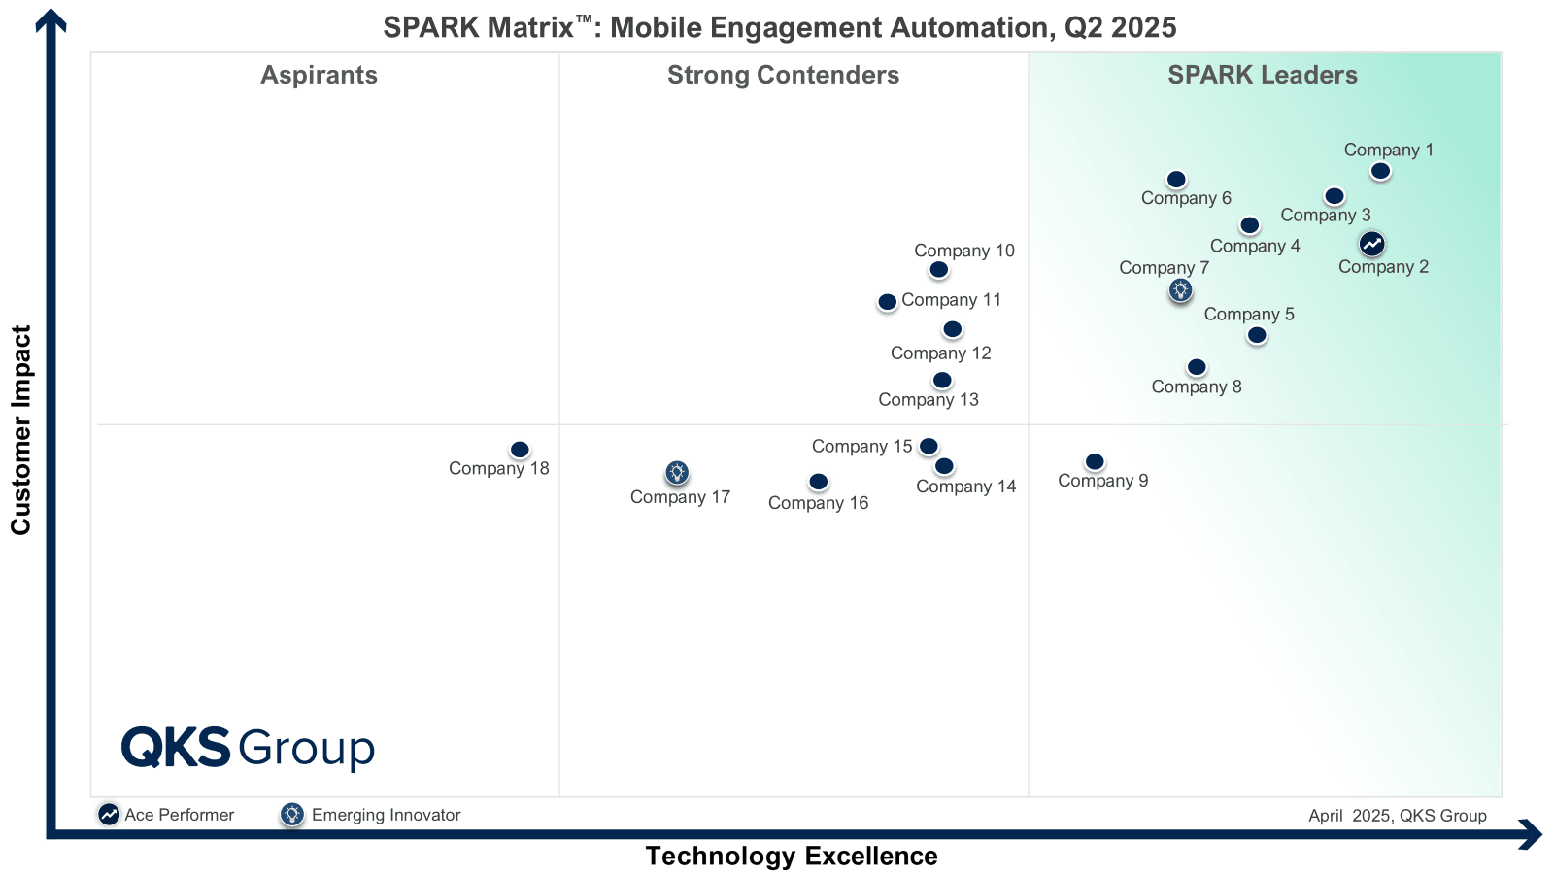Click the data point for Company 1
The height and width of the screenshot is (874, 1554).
pyautogui.click(x=1380, y=172)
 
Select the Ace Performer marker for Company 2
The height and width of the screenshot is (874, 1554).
pyautogui.click(x=1371, y=244)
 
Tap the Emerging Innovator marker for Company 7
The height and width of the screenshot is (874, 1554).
pyautogui.click(x=1180, y=290)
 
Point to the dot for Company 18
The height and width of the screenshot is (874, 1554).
pyautogui.click(x=520, y=451)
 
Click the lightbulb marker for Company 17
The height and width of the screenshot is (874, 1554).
pyautogui.click(x=677, y=473)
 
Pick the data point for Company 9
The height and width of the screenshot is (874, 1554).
pyautogui.click(x=1095, y=462)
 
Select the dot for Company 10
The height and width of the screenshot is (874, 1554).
pyautogui.click(x=938, y=270)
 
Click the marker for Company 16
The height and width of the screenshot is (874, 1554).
pyautogui.click(x=819, y=483)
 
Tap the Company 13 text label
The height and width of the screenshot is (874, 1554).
pyautogui.click(x=929, y=400)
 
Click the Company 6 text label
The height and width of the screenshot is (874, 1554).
pyautogui.click(x=1186, y=198)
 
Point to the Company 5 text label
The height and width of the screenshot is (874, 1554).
pyautogui.click(x=1249, y=315)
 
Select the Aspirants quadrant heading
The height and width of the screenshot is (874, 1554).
pyautogui.click(x=319, y=75)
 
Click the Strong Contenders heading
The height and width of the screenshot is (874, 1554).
pyautogui.click(x=783, y=75)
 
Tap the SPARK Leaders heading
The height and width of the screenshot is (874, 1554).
pyautogui.click(x=1262, y=75)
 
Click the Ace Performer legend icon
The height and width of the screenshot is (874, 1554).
pyautogui.click(x=109, y=815)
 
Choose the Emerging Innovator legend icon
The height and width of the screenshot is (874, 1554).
pyautogui.click(x=291, y=815)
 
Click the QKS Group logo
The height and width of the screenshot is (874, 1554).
pyautogui.click(x=248, y=748)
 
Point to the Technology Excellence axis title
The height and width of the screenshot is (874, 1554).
pyautogui.click(x=792, y=856)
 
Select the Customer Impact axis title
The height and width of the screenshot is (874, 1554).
pyautogui.click(x=21, y=430)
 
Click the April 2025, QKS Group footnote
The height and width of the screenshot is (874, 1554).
pyautogui.click(x=1397, y=816)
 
